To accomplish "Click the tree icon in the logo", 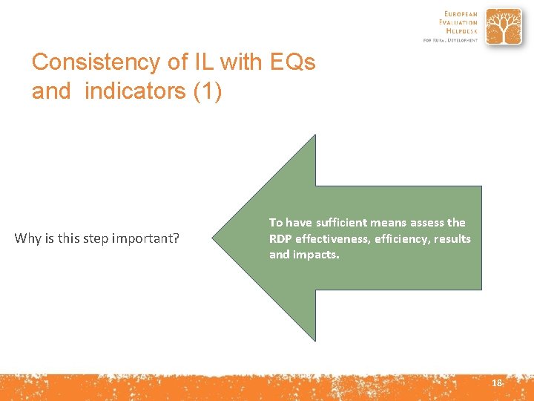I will (x=504, y=27).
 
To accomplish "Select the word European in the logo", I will (x=461, y=14).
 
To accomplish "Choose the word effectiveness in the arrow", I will (x=332, y=238).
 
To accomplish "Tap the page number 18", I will (x=496, y=382).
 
